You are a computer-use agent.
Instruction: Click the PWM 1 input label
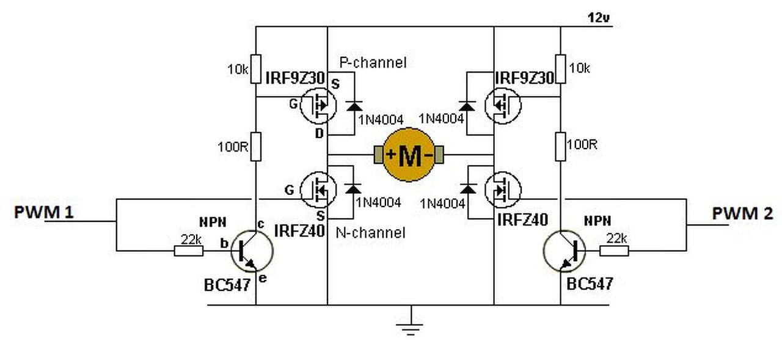(43, 212)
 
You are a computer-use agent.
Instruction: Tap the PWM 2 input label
(742, 213)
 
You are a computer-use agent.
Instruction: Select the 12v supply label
(599, 18)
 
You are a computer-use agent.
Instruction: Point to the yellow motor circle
(409, 155)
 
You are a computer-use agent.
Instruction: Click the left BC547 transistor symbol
(252, 251)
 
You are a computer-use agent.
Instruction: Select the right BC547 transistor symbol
(564, 251)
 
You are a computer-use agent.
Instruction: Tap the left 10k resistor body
(256, 69)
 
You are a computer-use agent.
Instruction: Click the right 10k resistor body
(561, 69)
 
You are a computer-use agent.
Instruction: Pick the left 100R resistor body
(256, 147)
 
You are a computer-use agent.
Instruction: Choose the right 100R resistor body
(561, 147)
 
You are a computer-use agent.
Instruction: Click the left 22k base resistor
(189, 251)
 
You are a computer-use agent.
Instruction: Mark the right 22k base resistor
(614, 251)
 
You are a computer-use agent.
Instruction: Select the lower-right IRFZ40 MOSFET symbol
(503, 190)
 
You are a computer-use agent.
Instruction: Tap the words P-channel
(373, 62)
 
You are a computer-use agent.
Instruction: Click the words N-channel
(370, 232)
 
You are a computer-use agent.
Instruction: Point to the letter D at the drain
(319, 133)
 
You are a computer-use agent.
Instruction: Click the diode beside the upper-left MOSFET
(354, 106)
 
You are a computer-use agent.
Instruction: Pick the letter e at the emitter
(263, 278)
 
